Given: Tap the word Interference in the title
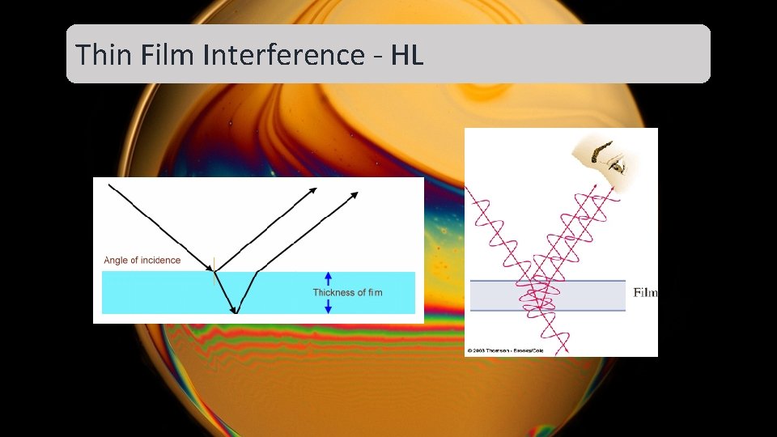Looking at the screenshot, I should [x=284, y=55].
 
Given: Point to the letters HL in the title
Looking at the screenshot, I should [x=407, y=55].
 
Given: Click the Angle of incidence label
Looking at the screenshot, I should [x=142, y=261].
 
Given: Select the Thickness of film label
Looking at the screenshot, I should [x=347, y=292].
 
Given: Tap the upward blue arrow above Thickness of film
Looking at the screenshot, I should [x=328, y=278].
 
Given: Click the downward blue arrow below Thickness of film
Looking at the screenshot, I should [x=328, y=306].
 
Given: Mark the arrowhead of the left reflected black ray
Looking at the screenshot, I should [x=313, y=189].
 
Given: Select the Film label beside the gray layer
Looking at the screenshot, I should [x=645, y=293].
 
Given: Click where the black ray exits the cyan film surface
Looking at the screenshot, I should [x=257, y=272].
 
